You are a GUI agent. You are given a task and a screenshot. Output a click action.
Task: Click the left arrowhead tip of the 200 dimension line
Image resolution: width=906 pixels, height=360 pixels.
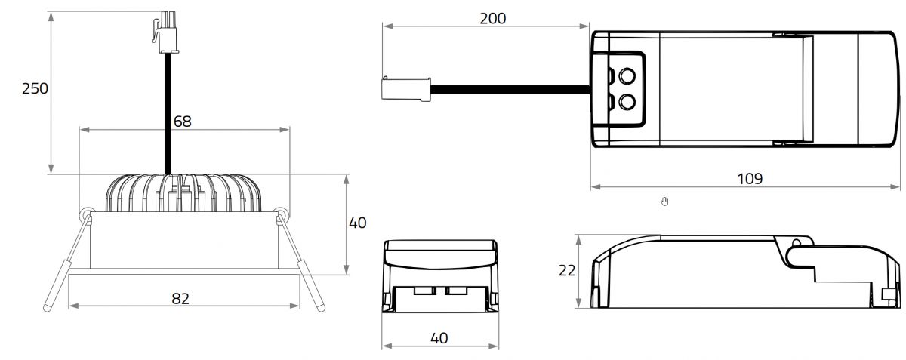[383, 26]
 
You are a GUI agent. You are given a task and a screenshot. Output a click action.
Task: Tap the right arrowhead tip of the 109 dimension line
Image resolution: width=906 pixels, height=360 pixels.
[900, 187]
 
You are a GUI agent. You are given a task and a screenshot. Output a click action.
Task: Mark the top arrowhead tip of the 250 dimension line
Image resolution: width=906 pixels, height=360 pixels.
[51, 12]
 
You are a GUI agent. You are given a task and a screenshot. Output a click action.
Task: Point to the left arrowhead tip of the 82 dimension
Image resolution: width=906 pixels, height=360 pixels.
[69, 306]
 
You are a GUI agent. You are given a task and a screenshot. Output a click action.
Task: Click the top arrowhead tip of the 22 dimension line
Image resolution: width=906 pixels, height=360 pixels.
[579, 235]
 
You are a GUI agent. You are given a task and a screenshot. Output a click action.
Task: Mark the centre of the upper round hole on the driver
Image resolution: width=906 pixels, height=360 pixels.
[627, 75]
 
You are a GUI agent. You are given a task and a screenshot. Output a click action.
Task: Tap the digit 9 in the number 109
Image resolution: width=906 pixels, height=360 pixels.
[758, 178]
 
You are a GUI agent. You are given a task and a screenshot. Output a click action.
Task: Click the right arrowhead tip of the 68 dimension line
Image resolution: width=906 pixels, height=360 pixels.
[289, 130]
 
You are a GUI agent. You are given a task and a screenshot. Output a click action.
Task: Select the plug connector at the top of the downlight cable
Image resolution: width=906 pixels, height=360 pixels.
[165, 32]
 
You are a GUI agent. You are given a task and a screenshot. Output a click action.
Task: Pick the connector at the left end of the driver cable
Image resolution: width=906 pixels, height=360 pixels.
[406, 89]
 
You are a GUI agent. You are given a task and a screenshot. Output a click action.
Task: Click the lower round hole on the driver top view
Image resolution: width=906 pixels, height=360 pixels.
[627, 102]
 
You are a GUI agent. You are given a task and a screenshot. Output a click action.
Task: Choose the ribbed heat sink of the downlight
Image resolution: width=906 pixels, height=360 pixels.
[183, 193]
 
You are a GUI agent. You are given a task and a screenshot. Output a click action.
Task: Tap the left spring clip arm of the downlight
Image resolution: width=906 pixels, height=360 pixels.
[67, 261]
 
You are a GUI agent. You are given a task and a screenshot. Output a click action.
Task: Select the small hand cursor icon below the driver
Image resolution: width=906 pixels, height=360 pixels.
[664, 201]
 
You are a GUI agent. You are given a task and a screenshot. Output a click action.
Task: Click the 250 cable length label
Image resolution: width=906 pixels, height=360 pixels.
[35, 88]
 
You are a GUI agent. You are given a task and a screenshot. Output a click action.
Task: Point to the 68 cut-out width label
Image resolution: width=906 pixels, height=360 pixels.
[183, 122]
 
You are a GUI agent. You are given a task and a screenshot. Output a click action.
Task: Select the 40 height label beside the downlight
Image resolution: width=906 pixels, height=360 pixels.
[358, 223]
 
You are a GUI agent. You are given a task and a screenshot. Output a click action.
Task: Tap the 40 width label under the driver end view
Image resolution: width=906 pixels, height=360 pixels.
[439, 338]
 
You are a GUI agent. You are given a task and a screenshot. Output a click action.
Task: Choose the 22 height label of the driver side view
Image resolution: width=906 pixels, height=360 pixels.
[567, 271]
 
